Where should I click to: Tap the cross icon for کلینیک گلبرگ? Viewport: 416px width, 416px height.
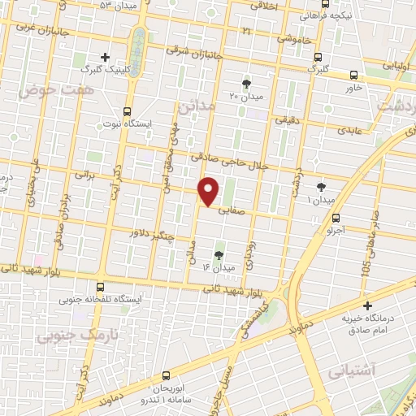tap(105, 57)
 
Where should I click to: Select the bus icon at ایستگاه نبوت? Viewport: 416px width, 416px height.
tap(126, 111)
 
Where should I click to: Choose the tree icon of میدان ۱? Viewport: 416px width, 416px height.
tap(322, 186)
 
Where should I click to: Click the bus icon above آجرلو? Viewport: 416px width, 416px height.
tap(336, 217)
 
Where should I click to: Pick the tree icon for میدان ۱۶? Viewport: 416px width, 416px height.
tap(218, 255)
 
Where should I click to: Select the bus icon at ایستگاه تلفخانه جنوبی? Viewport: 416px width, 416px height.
tap(100, 286)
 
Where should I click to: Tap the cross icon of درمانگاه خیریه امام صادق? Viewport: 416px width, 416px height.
tap(368, 306)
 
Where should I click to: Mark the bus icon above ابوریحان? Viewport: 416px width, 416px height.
tap(166, 375)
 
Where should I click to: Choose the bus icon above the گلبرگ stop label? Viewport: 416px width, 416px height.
tap(318, 57)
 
